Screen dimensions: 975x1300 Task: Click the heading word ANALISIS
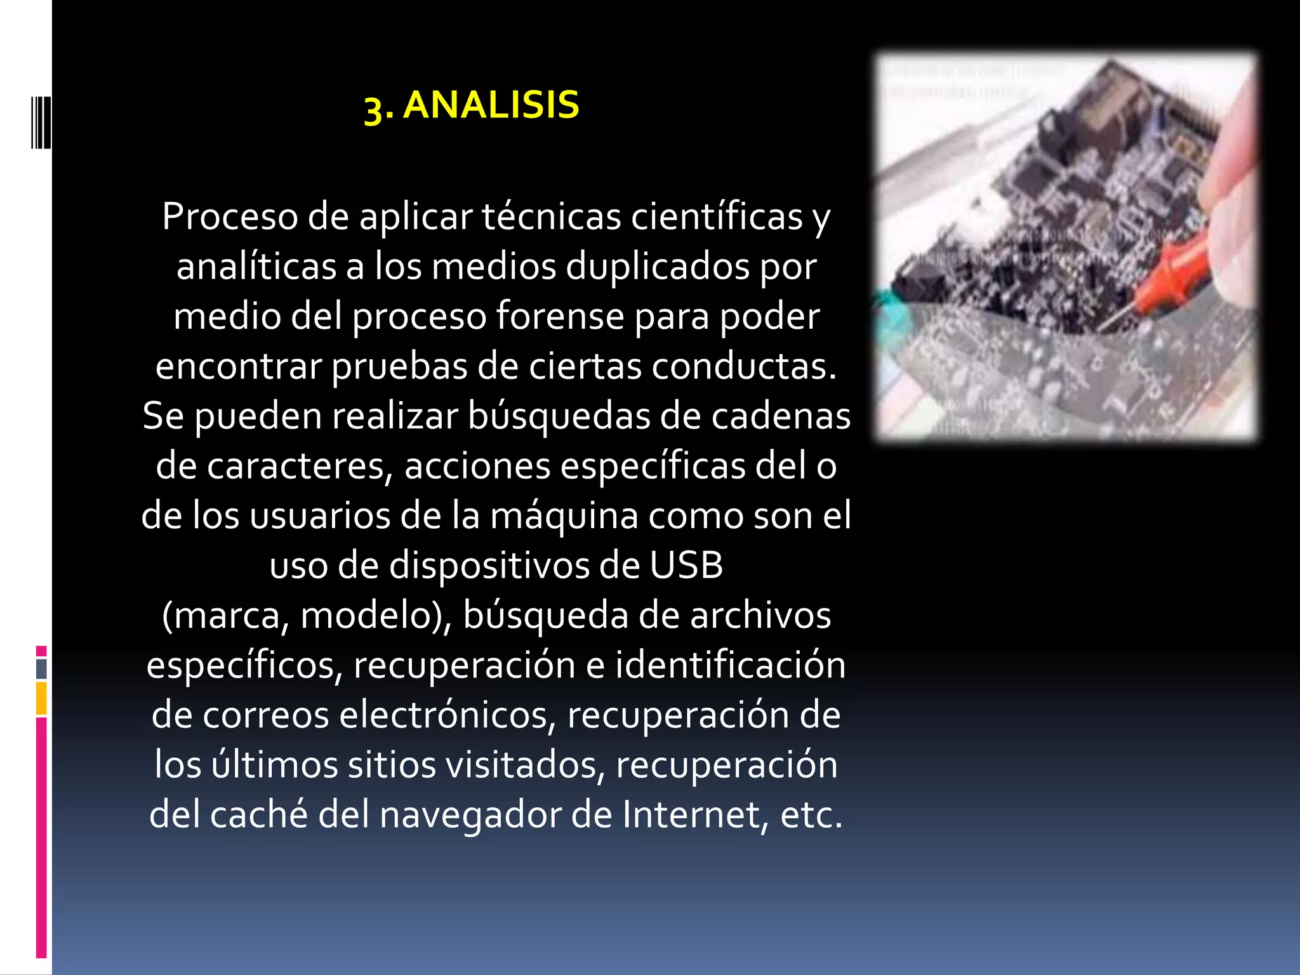491,105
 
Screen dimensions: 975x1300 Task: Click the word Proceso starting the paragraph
230,217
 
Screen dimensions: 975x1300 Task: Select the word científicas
717,217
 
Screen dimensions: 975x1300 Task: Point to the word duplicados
658,267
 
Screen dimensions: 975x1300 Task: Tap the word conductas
743,366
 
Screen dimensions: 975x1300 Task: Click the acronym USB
686,566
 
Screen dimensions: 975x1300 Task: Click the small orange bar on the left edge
41,698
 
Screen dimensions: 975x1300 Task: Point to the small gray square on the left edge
41,668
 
